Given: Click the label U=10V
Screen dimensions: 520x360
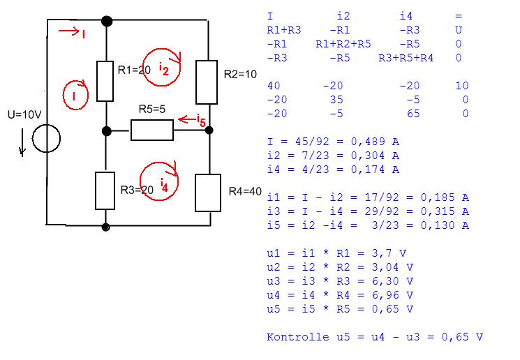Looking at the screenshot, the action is pos(24,114).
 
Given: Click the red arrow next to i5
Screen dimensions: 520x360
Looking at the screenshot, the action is pos(187,119).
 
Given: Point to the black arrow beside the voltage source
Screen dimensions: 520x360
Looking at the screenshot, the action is pos(22,142).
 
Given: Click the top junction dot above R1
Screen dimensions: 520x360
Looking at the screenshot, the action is pos(107,21).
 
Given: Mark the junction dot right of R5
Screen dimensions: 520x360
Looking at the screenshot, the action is pos(209,130).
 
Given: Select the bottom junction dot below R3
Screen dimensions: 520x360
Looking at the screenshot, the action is pos(106,227).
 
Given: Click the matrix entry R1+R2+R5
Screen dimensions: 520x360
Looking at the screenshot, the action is pos(343,44).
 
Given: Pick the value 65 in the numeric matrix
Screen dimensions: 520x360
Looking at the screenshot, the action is pos(413,114).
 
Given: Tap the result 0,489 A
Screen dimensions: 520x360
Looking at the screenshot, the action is pos(375,142).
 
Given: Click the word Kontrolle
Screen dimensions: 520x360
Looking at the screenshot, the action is pos(298,337).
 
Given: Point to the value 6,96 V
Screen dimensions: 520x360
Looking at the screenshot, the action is pos(393,295).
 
